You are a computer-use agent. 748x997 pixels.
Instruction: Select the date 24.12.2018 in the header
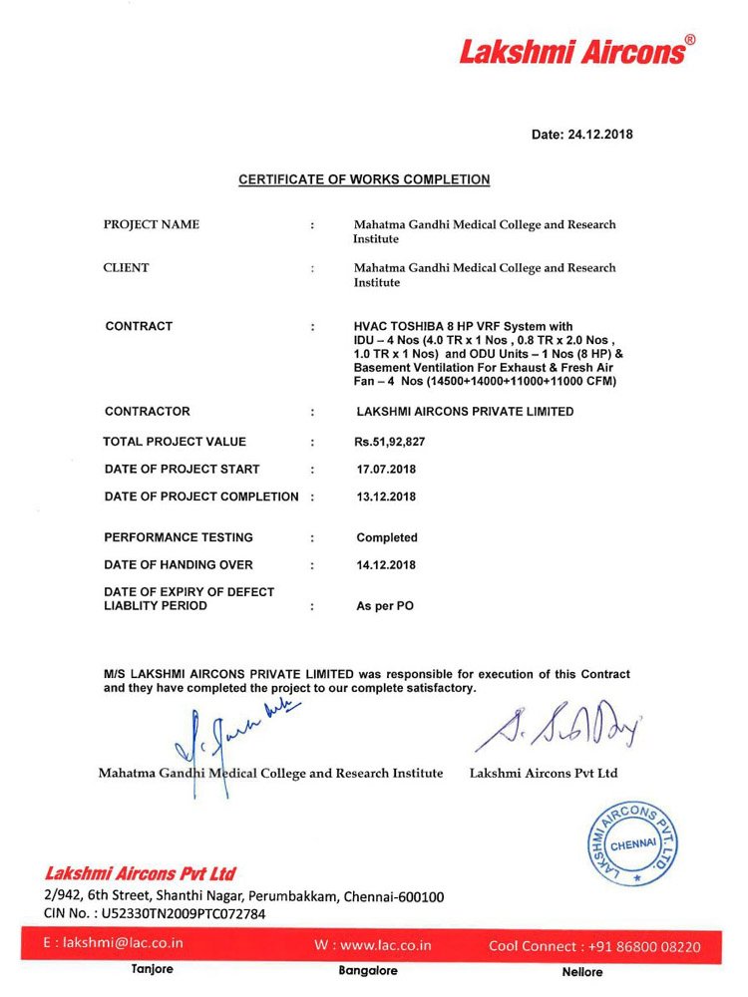[599, 135]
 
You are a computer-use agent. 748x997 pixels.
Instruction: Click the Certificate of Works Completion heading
[364, 180]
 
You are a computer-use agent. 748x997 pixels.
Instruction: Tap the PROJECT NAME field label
[152, 224]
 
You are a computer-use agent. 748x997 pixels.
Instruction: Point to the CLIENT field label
[127, 267]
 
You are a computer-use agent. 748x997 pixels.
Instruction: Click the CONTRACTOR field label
[148, 411]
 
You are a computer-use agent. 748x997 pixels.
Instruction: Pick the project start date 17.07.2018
[386, 469]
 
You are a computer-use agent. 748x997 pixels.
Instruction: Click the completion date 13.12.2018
[386, 497]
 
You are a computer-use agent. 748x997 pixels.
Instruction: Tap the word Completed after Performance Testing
[387, 537]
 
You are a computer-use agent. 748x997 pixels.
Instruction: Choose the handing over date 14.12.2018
[386, 565]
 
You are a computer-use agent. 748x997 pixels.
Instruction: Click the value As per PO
[385, 606]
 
